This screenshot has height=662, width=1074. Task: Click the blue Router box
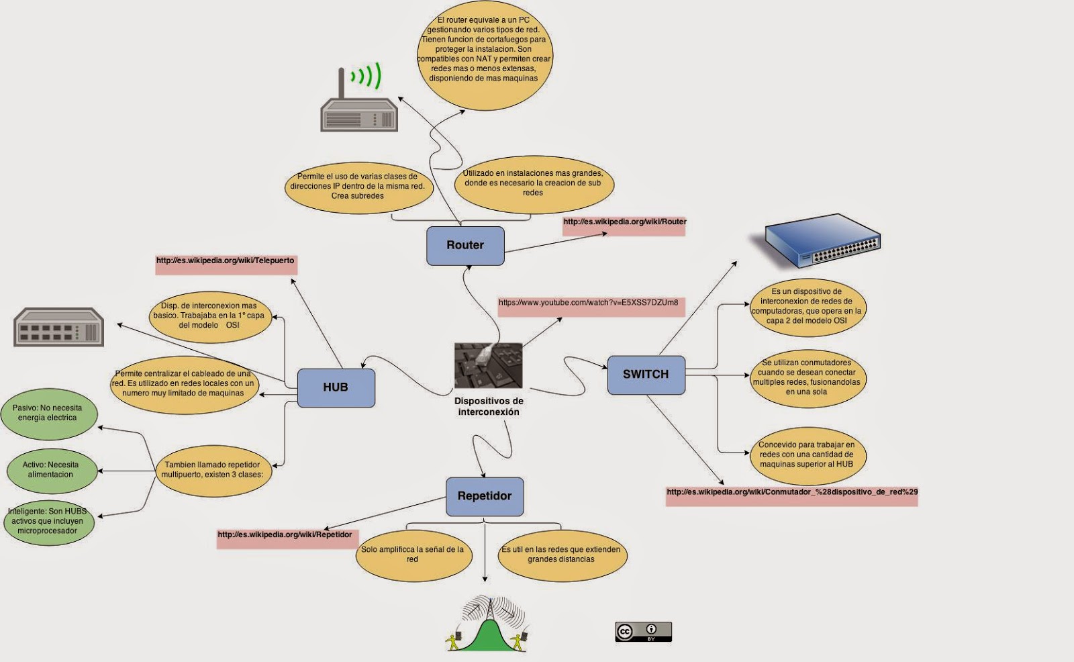point(465,246)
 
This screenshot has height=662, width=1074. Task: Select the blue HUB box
point(336,387)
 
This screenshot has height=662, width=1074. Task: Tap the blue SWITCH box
point(646,375)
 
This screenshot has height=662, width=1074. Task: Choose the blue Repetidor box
point(484,496)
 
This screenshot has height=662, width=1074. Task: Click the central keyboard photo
point(488,366)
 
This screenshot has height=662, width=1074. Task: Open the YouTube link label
point(588,303)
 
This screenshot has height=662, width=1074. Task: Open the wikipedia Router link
point(624,222)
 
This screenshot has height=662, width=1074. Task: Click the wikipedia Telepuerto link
point(225,261)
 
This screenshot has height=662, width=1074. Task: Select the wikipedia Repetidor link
point(285,535)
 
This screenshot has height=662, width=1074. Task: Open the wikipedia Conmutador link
point(791,492)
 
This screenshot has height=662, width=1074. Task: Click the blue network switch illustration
point(823,240)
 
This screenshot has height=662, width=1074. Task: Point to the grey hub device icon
point(59,327)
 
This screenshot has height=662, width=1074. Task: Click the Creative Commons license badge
point(643,632)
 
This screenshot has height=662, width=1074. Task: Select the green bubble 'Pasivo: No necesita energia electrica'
point(48,413)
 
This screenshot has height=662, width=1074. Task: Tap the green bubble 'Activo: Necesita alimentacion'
point(51,470)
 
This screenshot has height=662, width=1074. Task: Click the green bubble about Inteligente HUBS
point(48,521)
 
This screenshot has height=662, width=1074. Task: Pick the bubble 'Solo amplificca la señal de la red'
point(412,555)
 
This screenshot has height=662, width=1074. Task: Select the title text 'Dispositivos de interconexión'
point(489,407)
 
